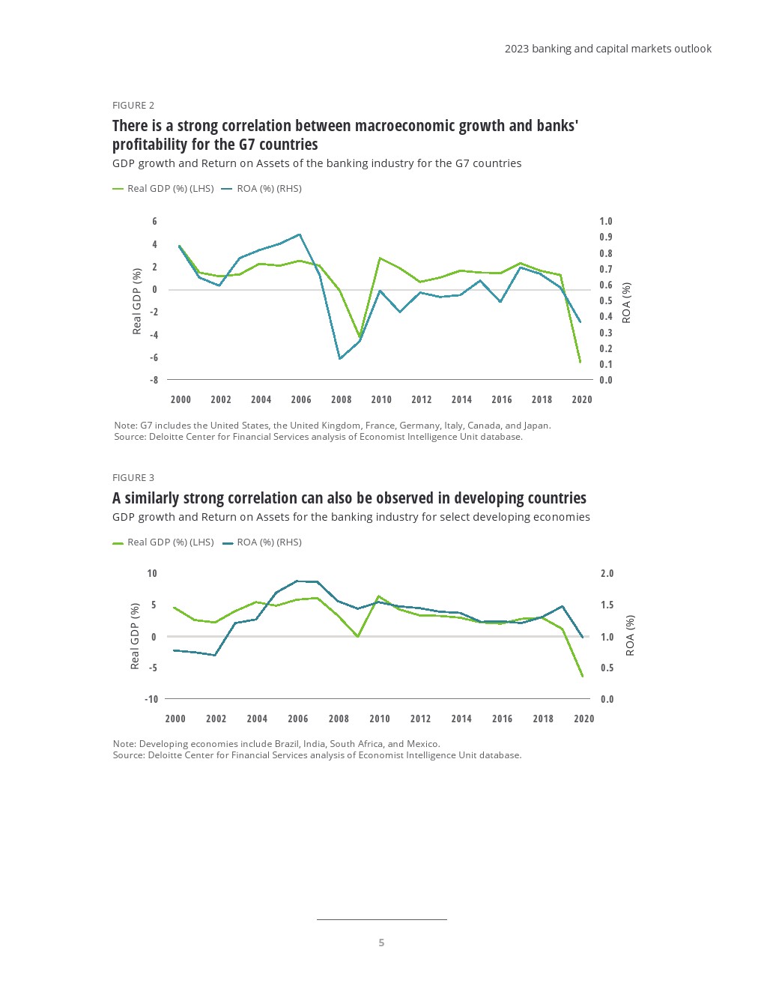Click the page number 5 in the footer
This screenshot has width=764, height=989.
pyautogui.click(x=381, y=943)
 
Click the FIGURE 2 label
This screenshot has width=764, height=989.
pyautogui.click(x=133, y=105)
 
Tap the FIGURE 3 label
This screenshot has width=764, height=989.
pyautogui.click(x=133, y=477)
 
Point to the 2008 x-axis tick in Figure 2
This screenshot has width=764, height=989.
pyautogui.click(x=341, y=399)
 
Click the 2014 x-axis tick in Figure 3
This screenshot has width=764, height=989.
pyautogui.click(x=461, y=719)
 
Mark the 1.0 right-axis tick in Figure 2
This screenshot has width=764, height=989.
pyautogui.click(x=605, y=221)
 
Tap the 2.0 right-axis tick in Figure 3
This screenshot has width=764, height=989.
pyautogui.click(x=607, y=573)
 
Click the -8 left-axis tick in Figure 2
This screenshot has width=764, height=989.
pyautogui.click(x=154, y=380)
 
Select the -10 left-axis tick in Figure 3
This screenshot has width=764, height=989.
pyautogui.click(x=151, y=699)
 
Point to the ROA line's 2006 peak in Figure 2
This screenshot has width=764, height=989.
pyautogui.click(x=300, y=235)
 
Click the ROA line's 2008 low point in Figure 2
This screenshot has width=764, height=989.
pyautogui.click(x=340, y=358)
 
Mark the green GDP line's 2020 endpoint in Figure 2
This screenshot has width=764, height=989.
pyautogui.click(x=580, y=362)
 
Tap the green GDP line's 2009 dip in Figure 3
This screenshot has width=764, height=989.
pyautogui.click(x=358, y=636)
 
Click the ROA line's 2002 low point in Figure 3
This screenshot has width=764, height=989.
pyautogui.click(x=216, y=656)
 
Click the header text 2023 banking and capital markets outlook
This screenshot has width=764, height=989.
pyautogui.click(x=607, y=49)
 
